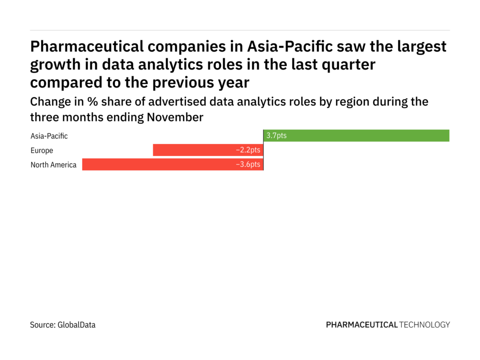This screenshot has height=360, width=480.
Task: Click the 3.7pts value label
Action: coord(276,135)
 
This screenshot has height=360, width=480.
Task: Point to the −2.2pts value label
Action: coord(248,150)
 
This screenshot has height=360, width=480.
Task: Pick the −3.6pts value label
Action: coord(248,165)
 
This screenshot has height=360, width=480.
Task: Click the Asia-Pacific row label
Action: coord(49,136)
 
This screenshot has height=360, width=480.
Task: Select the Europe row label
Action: coord(42,150)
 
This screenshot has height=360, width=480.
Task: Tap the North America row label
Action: coord(53,165)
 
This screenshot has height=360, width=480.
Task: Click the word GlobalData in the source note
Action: coord(76,324)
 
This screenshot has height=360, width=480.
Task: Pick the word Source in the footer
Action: coord(43,324)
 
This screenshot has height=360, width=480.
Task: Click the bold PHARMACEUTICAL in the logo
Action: coord(361,324)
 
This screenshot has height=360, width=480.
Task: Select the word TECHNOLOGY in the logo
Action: coord(425,324)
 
